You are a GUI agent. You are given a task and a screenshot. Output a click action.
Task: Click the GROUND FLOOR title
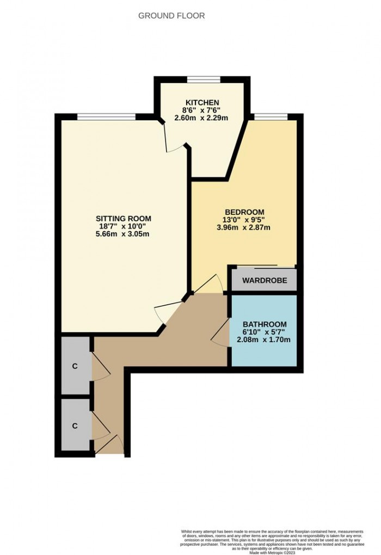pos(171,16)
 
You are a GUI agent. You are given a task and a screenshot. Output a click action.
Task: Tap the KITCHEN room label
pos(202,102)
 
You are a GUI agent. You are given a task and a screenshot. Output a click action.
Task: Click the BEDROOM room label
pos(244,212)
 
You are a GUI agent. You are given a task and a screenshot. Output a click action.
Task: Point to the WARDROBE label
pos(265,281)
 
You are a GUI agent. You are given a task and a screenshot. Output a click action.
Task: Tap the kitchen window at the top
pos(204,79)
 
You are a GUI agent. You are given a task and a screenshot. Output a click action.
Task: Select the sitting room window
pos(106,116)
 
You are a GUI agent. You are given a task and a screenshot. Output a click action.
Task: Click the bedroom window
pos(271,116)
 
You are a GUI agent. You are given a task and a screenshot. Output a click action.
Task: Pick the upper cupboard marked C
pos(75,366)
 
